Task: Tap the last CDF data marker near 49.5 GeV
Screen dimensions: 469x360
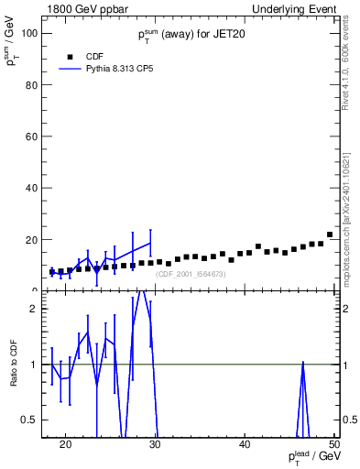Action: pos(330,234)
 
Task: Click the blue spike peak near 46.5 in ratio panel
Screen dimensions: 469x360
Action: pos(302,363)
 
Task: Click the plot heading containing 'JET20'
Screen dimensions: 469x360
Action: pos(190,35)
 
